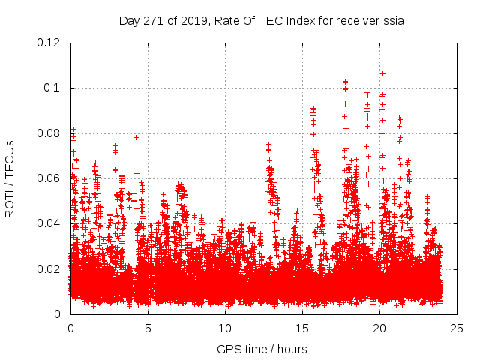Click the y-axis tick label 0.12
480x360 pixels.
coord(49,43)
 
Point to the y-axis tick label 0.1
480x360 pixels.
coord(52,88)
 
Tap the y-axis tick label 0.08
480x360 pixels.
coord(49,133)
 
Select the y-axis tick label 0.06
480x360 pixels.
coord(49,178)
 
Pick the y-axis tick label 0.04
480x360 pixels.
coord(49,223)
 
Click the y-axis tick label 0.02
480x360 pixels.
coord(49,268)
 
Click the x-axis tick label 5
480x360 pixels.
coord(148,328)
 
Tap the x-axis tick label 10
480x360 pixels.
coord(225,328)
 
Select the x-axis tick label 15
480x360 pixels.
coord(302,328)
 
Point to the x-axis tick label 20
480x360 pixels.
coord(379,328)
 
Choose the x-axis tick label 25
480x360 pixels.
coord(457,328)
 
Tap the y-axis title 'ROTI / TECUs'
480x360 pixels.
coord(10,178)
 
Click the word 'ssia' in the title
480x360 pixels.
coord(393,20)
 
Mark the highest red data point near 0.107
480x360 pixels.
coord(382,73)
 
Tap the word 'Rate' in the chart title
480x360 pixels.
coord(226,20)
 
